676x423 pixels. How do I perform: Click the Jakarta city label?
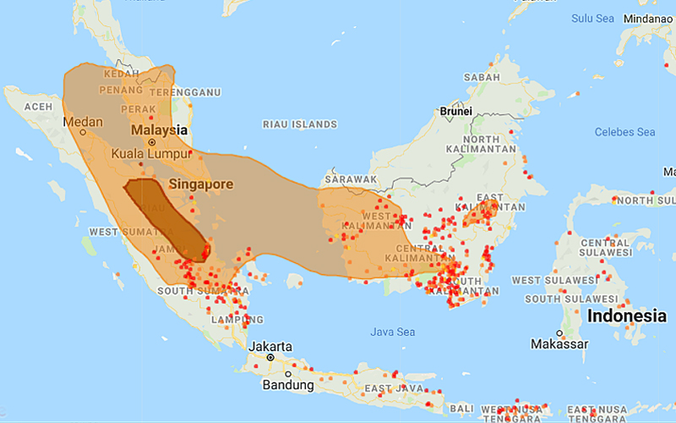pos(270,347)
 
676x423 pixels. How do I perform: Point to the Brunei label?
pos(455,111)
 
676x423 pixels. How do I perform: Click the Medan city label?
pos(83,122)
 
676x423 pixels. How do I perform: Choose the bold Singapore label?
pos(200,184)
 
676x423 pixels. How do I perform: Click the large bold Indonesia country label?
pos(626,316)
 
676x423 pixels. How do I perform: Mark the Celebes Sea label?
pos(624,132)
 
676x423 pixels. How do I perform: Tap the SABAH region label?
pos(482,78)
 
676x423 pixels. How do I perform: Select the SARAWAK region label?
pos(352,179)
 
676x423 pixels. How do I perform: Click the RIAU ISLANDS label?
pos(300,124)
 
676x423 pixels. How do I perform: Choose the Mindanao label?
pos(649,18)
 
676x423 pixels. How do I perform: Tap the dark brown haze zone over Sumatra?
pos(165,216)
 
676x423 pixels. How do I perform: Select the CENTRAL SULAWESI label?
pos(606,246)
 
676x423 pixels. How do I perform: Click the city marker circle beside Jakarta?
pos(270,358)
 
